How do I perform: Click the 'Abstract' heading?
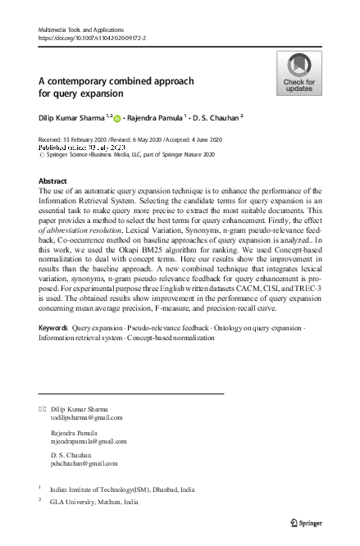[x=53, y=180]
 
